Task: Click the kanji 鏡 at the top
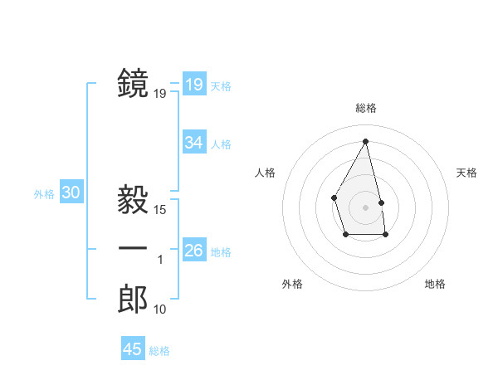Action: tap(133, 84)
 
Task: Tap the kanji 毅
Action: tap(133, 201)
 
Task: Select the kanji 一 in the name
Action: tap(133, 249)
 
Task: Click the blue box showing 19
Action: tap(194, 85)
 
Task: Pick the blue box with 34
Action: tap(194, 143)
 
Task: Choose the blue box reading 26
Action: tap(194, 251)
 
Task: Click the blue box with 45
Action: tap(133, 349)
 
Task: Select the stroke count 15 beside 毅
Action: tap(160, 211)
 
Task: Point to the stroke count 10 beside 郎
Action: tap(160, 310)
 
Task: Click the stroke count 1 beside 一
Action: tap(160, 261)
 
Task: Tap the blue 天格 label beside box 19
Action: tap(221, 85)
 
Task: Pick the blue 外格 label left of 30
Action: tap(44, 194)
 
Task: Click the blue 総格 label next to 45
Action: tap(159, 351)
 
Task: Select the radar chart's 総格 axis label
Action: tap(365, 108)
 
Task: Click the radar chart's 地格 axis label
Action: tap(435, 284)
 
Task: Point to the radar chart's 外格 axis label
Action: tap(292, 284)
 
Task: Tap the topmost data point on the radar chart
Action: tap(365, 140)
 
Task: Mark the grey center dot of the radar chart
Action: tap(365, 207)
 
